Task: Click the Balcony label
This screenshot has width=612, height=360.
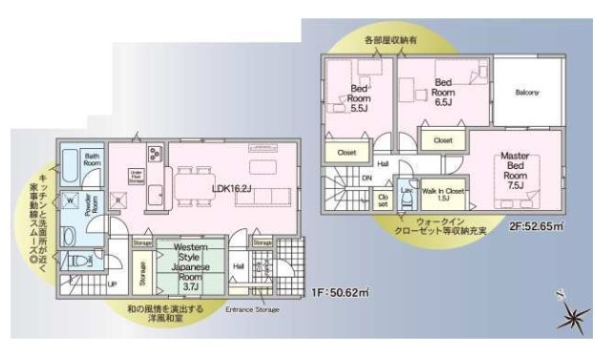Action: (527, 93)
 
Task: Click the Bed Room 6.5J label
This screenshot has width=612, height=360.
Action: (443, 92)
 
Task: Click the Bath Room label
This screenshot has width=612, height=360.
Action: (92, 159)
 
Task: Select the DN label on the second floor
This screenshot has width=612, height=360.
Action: (367, 179)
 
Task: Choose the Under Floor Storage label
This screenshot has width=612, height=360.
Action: (136, 177)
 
